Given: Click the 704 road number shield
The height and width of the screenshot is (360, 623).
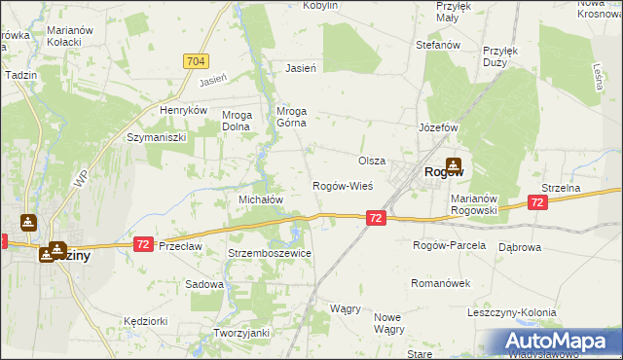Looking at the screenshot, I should [196, 61].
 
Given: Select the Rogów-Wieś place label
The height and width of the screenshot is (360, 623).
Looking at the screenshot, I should [342, 185].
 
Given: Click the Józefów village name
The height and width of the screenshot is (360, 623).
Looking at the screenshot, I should [437, 127].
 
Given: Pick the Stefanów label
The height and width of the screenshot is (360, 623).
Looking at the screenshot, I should [437, 45].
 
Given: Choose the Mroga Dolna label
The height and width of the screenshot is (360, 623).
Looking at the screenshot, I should [238, 121].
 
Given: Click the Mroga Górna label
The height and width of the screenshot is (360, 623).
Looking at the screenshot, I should [292, 116].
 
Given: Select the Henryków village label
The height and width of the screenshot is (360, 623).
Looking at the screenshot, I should [185, 110].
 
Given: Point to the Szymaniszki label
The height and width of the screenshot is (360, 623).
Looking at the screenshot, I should [156, 137].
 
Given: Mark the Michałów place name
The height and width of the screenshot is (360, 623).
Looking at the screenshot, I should [260, 198].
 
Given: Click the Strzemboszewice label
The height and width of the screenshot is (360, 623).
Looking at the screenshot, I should [269, 253].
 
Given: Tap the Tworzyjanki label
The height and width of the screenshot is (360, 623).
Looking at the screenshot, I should [240, 333].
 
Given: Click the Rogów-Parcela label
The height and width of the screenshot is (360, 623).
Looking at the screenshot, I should [449, 245].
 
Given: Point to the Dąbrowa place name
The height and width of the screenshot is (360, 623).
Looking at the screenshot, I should [519, 247].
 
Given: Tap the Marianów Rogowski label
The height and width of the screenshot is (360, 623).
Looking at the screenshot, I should [474, 203].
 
